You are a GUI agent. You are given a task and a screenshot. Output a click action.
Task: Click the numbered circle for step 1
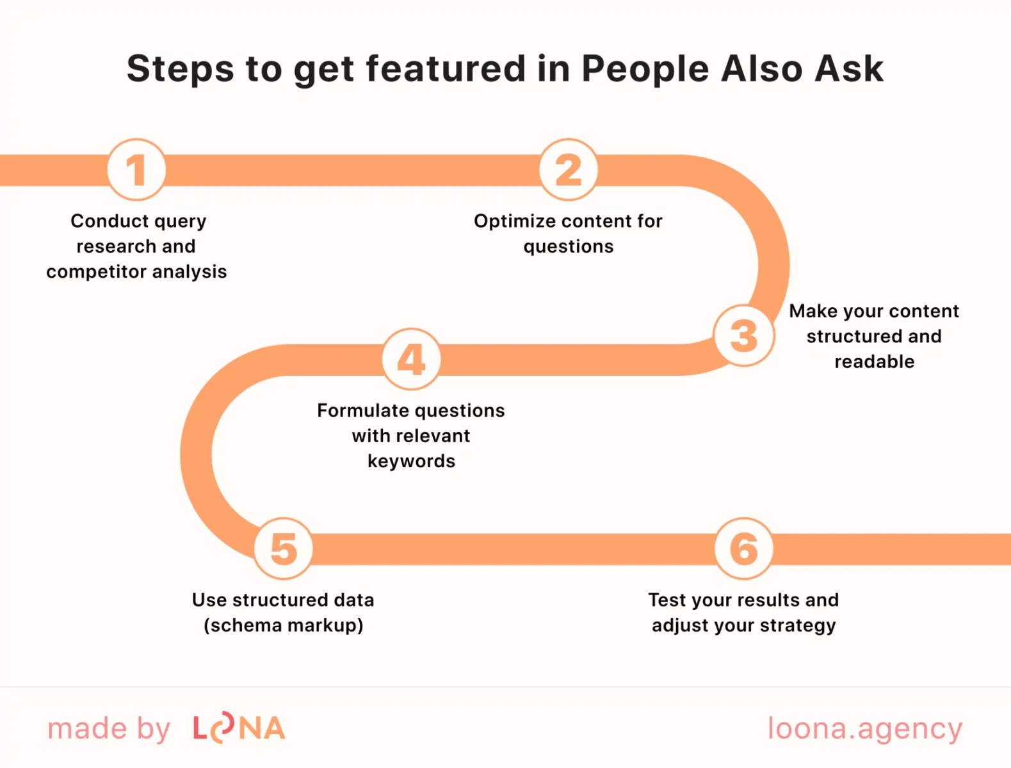point(136,170)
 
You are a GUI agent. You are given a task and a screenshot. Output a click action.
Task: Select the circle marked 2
point(569,170)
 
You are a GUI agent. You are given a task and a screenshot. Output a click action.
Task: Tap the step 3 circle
point(744,335)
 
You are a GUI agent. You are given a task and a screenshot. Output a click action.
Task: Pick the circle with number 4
point(411,359)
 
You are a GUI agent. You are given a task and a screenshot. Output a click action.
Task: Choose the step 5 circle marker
point(284,548)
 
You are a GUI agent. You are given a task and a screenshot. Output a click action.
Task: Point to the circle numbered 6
point(744,548)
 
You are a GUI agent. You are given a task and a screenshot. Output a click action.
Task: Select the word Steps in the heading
point(180,68)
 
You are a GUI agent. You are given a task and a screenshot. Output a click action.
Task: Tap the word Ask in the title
point(849,68)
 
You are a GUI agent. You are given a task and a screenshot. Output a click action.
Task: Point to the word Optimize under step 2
point(515,221)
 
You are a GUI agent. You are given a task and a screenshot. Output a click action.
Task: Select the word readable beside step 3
point(874,362)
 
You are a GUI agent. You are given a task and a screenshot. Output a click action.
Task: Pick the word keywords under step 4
point(411,461)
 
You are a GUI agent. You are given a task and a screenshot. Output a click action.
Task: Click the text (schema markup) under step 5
point(283,625)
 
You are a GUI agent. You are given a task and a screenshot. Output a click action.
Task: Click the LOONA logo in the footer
point(239,728)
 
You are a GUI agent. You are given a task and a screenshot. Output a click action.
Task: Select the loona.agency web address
point(864,728)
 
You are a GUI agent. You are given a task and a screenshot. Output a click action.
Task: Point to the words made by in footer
point(109,728)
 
